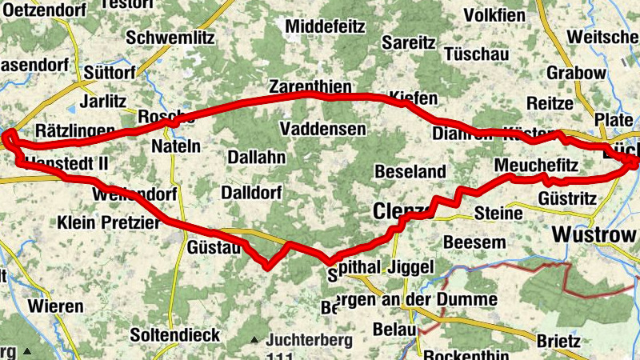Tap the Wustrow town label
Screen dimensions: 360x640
[x=594, y=235]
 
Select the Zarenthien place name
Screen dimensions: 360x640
[x=310, y=86]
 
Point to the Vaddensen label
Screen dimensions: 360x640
[x=323, y=129]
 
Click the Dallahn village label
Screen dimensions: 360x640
[x=256, y=158]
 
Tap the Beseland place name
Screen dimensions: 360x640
[x=410, y=172]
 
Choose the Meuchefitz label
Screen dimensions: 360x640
[x=536, y=166]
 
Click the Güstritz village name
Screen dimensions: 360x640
[x=567, y=197]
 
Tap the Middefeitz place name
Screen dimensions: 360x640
[x=325, y=26]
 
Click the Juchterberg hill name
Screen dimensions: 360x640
[x=310, y=340]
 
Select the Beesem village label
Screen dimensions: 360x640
[x=474, y=242]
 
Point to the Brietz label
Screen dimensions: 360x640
[x=558, y=341]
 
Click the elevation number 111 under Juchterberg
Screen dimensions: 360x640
[x=279, y=355]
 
